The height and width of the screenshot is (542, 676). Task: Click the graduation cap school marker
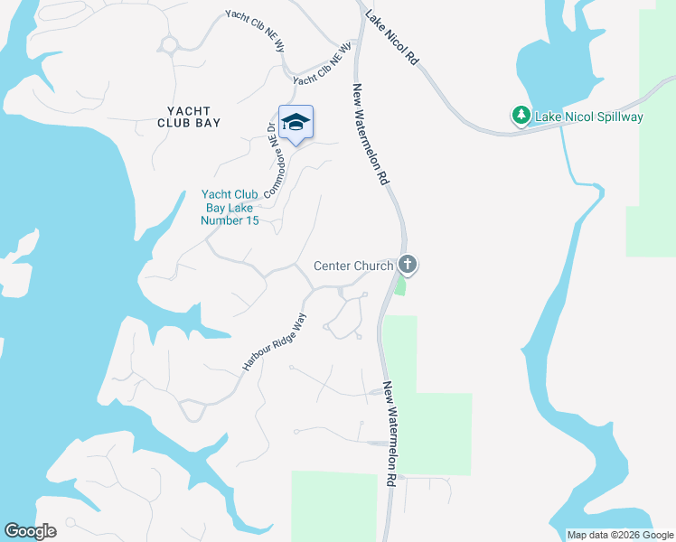point(296,122)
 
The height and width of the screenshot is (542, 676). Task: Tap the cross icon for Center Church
point(408,265)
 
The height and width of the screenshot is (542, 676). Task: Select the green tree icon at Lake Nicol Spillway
point(521,116)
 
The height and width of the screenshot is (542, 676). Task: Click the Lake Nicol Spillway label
point(588,117)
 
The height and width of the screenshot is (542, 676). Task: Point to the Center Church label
point(353,266)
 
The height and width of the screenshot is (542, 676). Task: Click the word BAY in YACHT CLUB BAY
point(208,122)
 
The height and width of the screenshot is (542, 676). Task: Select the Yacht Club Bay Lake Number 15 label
point(230,208)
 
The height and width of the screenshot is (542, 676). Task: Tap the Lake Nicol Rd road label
point(394,37)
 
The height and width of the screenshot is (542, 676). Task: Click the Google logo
point(30,531)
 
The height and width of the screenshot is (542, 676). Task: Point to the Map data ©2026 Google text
point(620,535)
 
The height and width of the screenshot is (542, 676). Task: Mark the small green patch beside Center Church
point(399,285)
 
